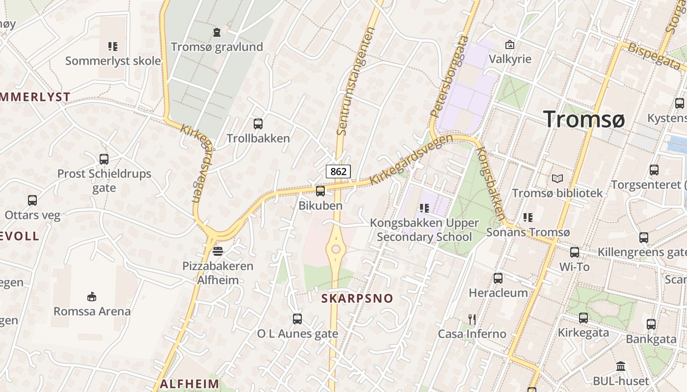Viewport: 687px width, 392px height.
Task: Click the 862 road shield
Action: tap(338, 171)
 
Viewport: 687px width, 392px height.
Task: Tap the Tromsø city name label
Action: tap(584, 119)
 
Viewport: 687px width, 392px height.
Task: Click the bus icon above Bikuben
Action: tap(320, 191)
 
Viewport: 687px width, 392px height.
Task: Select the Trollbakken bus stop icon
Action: tap(258, 124)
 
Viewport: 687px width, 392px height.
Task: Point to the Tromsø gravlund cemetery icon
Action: tap(217, 33)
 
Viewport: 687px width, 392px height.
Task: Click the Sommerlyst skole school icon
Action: tap(113, 47)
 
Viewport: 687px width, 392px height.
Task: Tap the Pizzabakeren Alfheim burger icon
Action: tap(218, 251)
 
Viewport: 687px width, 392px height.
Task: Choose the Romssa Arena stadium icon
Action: tap(92, 296)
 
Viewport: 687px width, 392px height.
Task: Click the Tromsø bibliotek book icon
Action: tap(557, 179)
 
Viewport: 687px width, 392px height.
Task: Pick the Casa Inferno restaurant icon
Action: tap(472, 319)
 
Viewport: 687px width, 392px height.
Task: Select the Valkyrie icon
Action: tap(510, 45)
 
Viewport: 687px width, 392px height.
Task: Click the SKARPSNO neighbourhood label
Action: tap(357, 298)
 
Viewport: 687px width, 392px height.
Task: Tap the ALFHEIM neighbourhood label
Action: tap(189, 384)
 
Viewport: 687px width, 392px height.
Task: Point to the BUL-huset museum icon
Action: tap(621, 367)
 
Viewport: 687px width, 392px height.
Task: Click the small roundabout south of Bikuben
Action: tap(336, 249)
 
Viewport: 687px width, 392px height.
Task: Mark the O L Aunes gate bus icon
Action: tap(297, 319)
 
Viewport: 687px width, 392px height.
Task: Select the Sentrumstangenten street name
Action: tap(356, 81)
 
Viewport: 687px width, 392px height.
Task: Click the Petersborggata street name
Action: tap(449, 76)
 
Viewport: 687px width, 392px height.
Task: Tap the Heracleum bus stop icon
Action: tap(498, 278)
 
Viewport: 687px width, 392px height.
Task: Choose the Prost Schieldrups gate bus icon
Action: tap(104, 159)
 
